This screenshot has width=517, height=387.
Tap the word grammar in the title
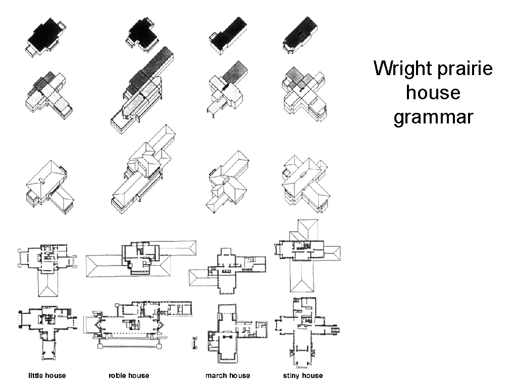pos(433,117)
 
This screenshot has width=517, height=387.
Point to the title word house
pos(433,93)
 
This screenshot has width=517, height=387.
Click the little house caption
pos(47,375)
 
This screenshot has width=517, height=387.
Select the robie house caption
pos(129,375)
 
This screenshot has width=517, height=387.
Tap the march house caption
pos(227,375)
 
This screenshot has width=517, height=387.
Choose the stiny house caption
pos(303,375)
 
